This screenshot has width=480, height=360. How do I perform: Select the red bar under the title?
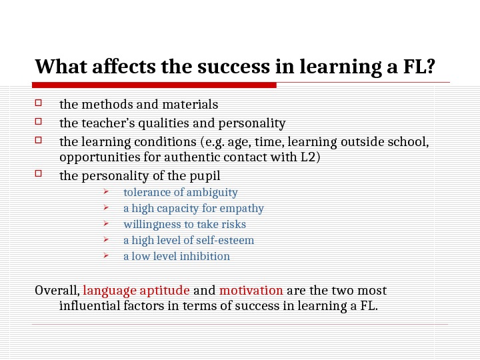[x=155, y=85]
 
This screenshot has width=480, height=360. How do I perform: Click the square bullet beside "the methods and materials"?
[x=39, y=103]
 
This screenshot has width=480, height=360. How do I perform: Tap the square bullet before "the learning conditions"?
[x=39, y=141]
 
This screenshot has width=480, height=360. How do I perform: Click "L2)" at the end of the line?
[x=309, y=157]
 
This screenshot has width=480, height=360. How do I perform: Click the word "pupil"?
[x=204, y=176]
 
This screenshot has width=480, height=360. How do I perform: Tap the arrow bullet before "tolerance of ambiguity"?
[x=106, y=192]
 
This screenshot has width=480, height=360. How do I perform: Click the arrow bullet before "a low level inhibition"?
[x=106, y=256]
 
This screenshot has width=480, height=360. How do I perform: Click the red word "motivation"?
[x=251, y=291]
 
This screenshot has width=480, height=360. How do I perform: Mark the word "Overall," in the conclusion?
[x=57, y=291]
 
